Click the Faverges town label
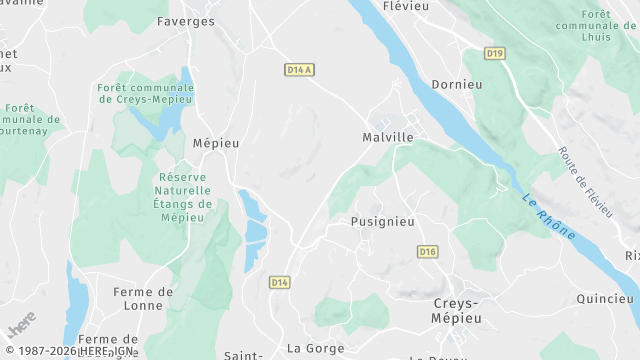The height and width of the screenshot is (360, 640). click(x=185, y=20)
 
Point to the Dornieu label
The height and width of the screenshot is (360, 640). click(x=456, y=85)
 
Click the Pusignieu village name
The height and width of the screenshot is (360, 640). click(x=383, y=221)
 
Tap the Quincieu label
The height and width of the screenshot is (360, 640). click(x=605, y=298)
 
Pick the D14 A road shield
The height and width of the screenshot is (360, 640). click(x=299, y=70)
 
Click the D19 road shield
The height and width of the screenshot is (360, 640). click(x=494, y=53)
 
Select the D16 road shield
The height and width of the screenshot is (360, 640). click(x=428, y=251)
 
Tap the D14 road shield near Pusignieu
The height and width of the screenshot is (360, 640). click(x=279, y=283)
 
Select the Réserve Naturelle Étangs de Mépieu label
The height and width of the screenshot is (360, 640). click(x=185, y=197)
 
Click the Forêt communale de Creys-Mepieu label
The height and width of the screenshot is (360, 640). click(x=146, y=95)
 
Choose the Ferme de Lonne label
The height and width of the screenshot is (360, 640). click(x=143, y=299)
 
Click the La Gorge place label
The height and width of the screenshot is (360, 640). click(x=315, y=348)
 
